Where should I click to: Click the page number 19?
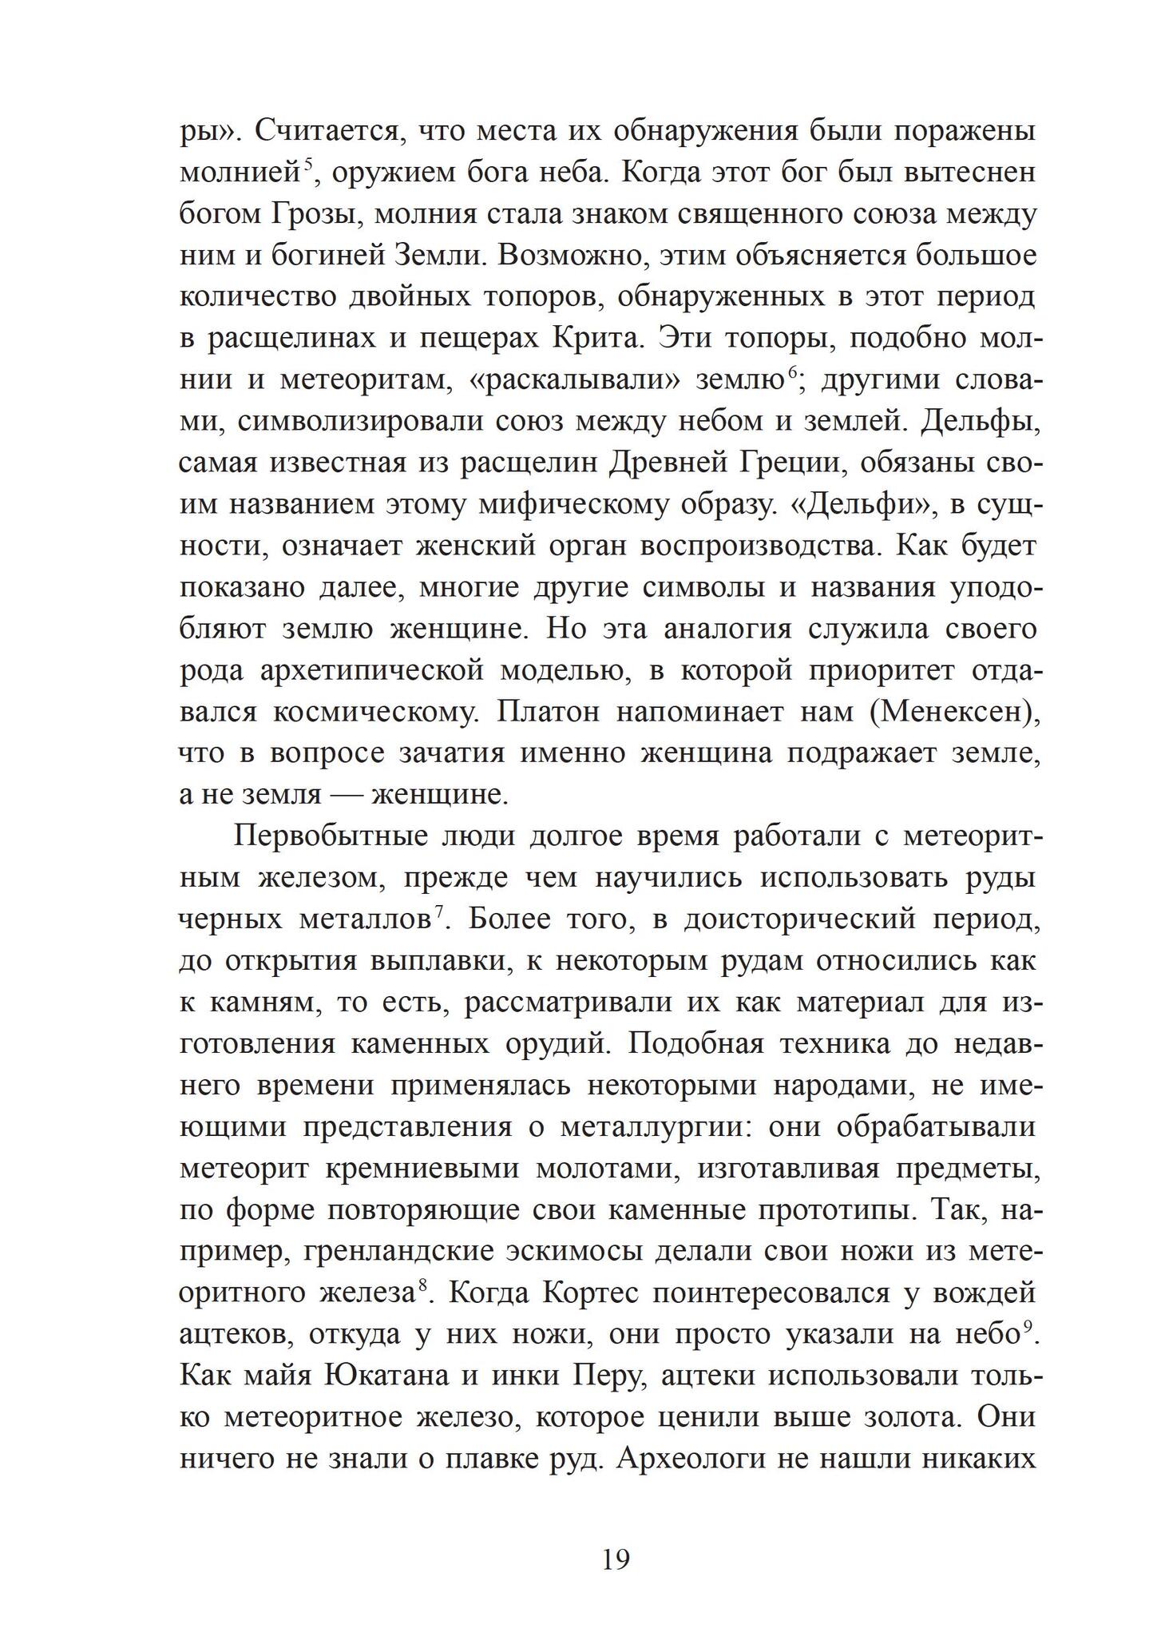pyautogui.click(x=616, y=1559)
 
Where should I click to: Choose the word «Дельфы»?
pyautogui.click(x=980, y=422)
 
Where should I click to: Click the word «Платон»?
pyautogui.click(x=548, y=712)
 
